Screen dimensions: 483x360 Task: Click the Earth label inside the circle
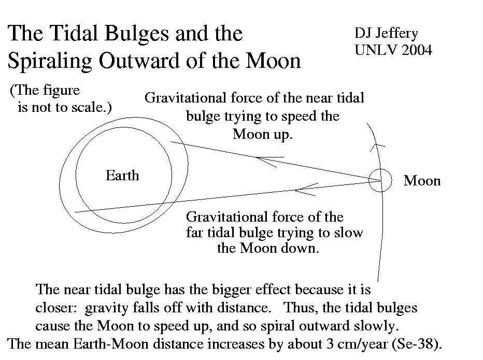click(122, 176)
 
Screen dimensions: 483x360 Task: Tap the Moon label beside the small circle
click(422, 181)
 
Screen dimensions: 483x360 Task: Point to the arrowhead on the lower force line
click(306, 190)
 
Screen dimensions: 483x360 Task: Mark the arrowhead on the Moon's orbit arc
click(377, 146)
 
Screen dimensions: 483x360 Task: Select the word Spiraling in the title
click(49, 61)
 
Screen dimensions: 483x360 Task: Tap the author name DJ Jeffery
click(386, 34)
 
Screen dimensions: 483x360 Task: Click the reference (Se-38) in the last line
click(417, 344)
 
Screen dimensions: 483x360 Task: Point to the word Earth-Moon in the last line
click(111, 344)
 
